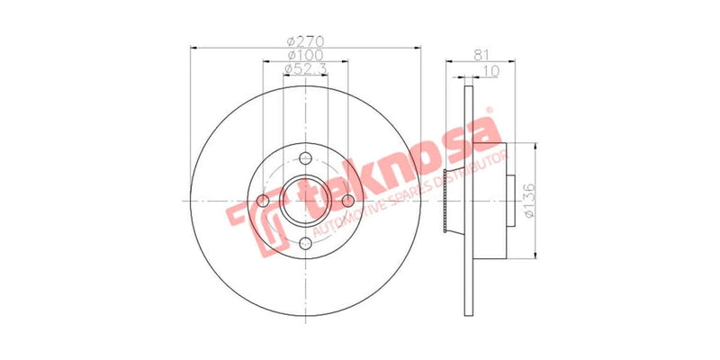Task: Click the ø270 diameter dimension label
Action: coord(305,40)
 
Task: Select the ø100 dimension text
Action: coord(305,55)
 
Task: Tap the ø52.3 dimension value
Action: coord(305,69)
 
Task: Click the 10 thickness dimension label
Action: coord(490,69)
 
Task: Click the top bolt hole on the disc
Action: coord(306,158)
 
